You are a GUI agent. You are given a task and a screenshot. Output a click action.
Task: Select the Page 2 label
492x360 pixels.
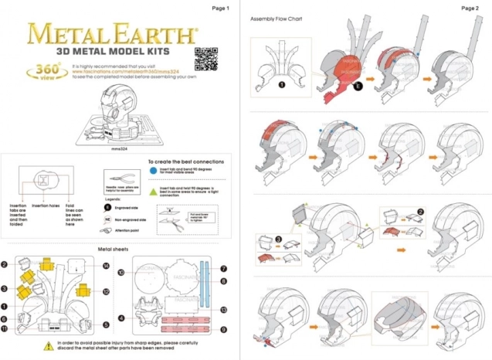pos(470,8)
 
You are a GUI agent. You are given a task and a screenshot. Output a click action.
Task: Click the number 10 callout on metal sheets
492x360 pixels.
pos(121,273)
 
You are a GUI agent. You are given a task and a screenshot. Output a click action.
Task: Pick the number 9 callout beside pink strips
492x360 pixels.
pos(223,330)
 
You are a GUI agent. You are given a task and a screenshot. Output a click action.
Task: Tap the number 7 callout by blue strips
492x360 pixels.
pos(223,270)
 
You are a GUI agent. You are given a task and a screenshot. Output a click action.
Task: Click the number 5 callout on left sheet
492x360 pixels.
pos(105,325)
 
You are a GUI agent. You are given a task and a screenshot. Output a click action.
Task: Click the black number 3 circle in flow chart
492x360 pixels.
pos(279,240)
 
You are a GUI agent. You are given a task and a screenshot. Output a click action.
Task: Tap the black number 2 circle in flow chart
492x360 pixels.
pos(420,211)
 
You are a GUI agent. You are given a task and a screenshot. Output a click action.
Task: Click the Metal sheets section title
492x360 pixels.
pos(113,250)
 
